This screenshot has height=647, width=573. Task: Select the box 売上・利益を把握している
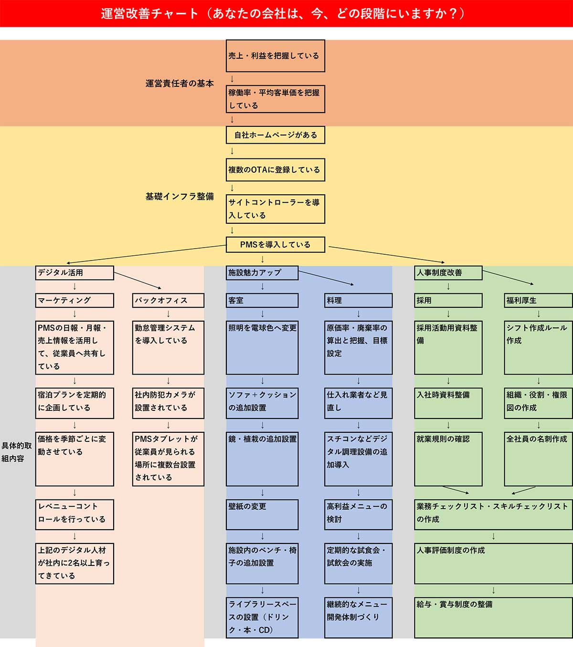[x=275, y=56]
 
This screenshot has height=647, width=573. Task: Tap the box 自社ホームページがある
[x=275, y=135]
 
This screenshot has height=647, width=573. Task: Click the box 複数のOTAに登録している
[x=275, y=170]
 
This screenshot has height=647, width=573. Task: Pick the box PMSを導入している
[x=275, y=245]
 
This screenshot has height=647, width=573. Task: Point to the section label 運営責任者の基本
[x=180, y=83]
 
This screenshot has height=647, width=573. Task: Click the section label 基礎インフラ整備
[x=180, y=197]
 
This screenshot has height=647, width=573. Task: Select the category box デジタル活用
[x=74, y=273]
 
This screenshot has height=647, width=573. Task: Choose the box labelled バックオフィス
[x=168, y=301]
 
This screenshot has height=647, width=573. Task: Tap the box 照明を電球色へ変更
[x=262, y=347]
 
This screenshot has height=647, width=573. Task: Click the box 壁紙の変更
[x=262, y=514]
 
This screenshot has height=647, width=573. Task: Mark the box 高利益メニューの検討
[x=358, y=514]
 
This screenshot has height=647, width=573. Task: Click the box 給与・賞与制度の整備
[x=493, y=617]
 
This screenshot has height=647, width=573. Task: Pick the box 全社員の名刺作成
[x=538, y=459]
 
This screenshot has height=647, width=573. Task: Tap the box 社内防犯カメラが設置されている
[x=168, y=403]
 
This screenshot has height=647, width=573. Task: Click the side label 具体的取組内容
[x=17, y=452]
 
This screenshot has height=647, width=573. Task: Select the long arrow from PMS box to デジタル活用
[x=146, y=254]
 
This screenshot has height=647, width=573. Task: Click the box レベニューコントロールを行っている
[x=74, y=514]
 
